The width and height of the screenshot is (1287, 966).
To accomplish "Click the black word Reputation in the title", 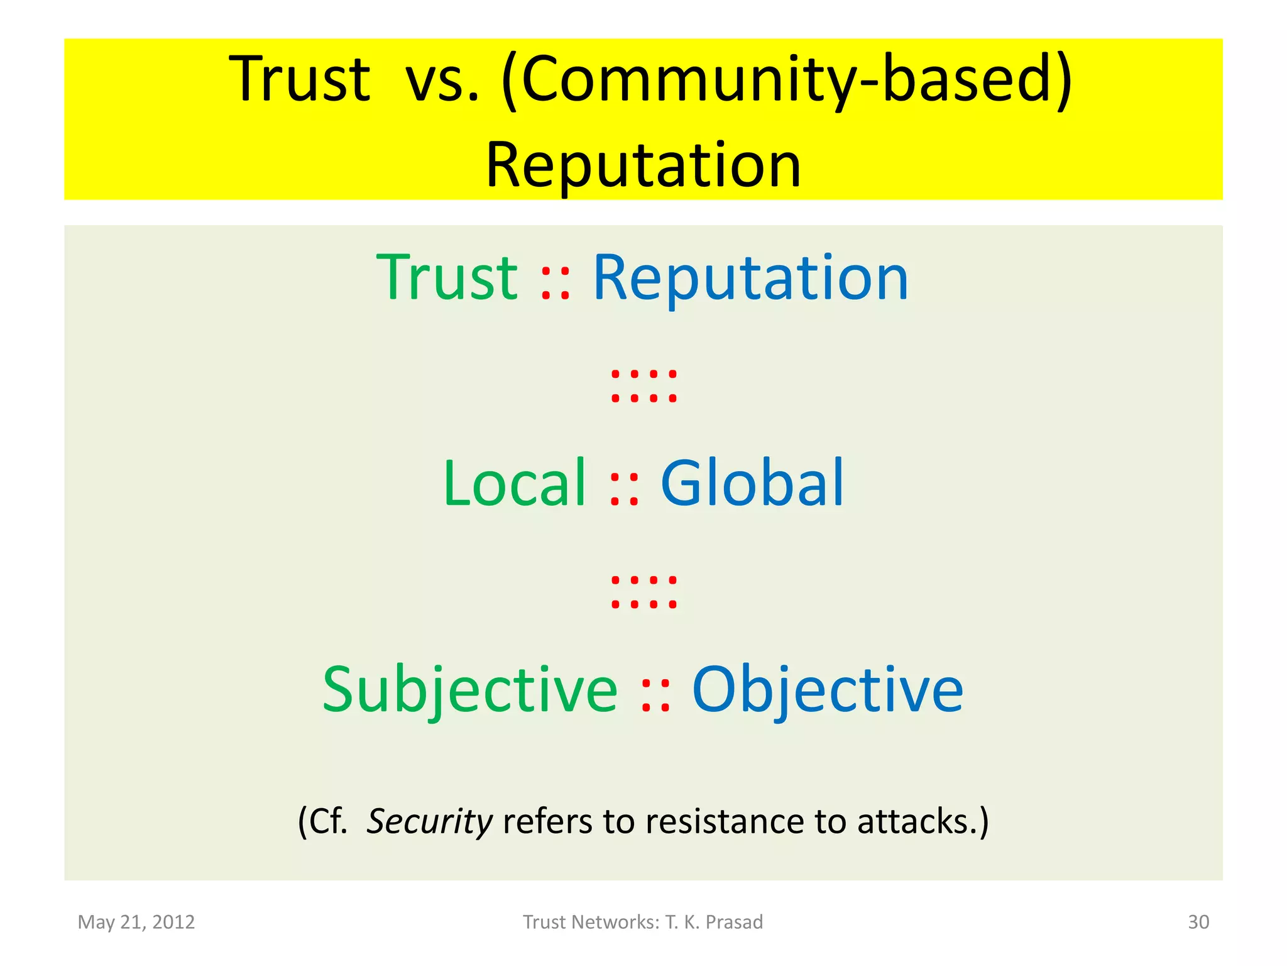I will point(643,165).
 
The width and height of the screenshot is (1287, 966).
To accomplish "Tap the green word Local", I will point(515,483).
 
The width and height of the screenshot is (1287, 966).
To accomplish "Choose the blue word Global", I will point(752,483).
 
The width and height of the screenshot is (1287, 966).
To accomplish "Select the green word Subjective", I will point(470,690).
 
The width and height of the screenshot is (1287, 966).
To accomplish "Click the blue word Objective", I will point(827,690).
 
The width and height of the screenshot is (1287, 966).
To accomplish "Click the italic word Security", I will point(430,821).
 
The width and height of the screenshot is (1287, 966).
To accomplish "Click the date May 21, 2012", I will point(136,922).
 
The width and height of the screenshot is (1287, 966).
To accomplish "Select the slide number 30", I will point(1198,922).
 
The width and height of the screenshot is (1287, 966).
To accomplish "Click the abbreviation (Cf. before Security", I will point(322,821).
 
